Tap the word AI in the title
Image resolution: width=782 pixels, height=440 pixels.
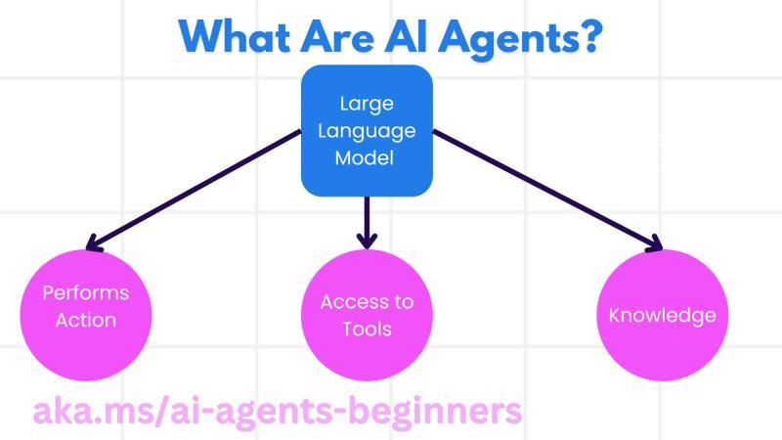click(425, 37)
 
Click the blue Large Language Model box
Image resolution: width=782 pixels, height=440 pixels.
click(367, 130)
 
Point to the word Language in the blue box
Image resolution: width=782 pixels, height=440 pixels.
click(367, 131)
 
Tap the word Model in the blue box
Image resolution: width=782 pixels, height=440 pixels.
click(367, 157)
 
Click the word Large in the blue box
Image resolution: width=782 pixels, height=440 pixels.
click(367, 105)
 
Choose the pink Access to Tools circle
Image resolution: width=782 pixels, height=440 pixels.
click(367, 315)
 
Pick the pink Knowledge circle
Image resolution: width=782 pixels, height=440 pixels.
click(662, 315)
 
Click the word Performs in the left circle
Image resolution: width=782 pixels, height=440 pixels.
click(86, 293)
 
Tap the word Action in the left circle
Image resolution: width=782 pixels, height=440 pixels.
click(86, 320)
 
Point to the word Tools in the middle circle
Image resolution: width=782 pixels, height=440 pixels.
click(367, 329)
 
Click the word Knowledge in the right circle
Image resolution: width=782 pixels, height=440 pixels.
click(662, 315)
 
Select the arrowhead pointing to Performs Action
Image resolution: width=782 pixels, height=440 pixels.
click(93, 243)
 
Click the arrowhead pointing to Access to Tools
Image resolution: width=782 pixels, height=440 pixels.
click(367, 238)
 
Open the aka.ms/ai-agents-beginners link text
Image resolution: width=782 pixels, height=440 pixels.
click(278, 411)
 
